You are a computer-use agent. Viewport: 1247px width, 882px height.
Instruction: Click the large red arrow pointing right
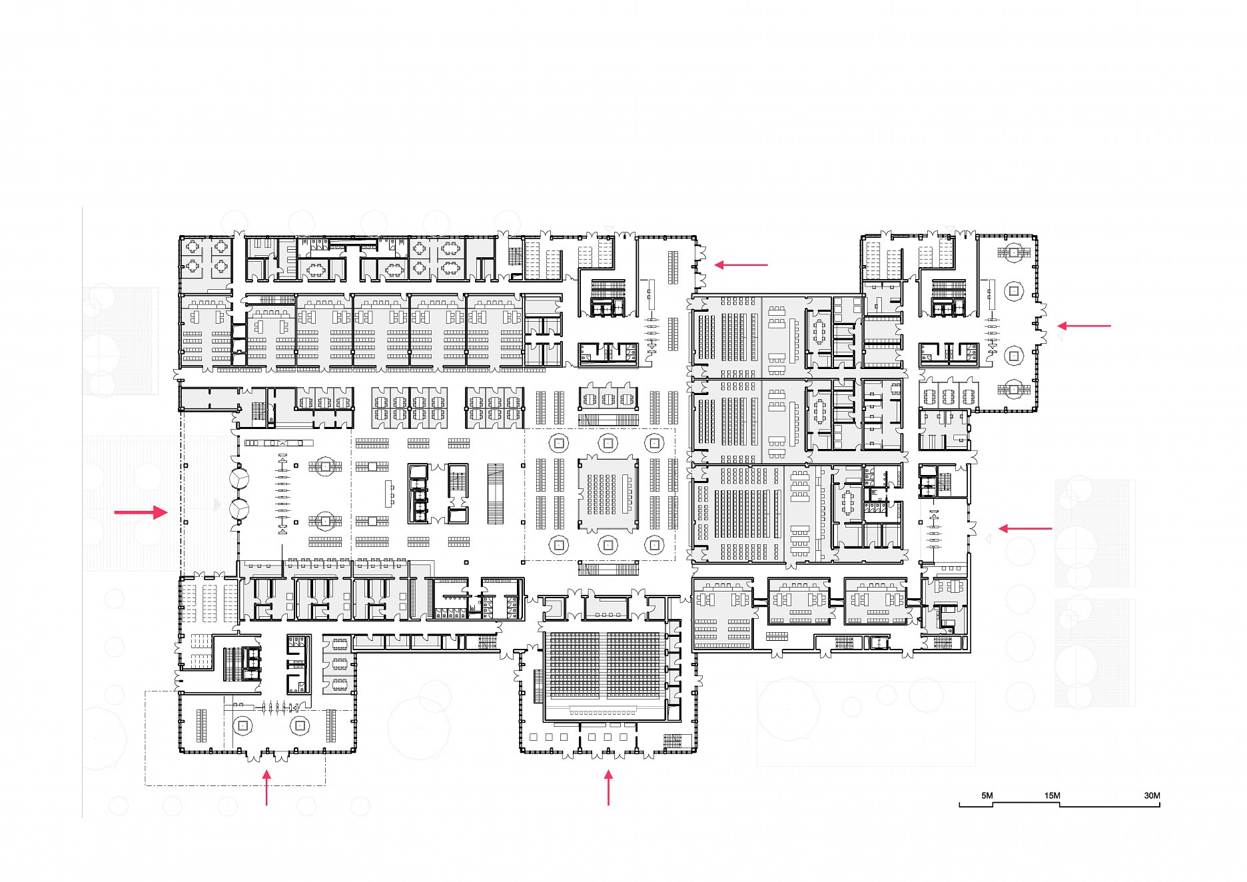[141, 512]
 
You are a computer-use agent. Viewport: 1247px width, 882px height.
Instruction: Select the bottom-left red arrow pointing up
[266, 787]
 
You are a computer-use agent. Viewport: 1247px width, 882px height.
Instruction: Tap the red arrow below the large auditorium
[608, 787]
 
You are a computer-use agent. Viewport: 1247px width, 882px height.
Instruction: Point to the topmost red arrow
[741, 264]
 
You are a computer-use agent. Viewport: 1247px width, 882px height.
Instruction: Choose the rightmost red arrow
[1084, 326]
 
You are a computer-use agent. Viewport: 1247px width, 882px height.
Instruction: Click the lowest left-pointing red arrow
[1025, 529]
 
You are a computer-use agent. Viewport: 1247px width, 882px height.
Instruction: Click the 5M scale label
[987, 795]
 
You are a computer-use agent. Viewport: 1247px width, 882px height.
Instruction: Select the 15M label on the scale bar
[1052, 795]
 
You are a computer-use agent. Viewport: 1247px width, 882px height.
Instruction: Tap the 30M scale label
[1152, 795]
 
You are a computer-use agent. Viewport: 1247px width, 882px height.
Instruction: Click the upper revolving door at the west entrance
[239, 478]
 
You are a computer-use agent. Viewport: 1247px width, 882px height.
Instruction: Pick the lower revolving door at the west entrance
[239, 510]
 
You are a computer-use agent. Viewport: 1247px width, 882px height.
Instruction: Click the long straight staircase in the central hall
[495, 494]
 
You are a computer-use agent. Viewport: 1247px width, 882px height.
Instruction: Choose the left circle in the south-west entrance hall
[243, 725]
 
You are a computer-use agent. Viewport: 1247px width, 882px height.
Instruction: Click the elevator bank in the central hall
[418, 493]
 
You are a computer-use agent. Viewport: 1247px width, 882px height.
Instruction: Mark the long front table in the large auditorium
[604, 713]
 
